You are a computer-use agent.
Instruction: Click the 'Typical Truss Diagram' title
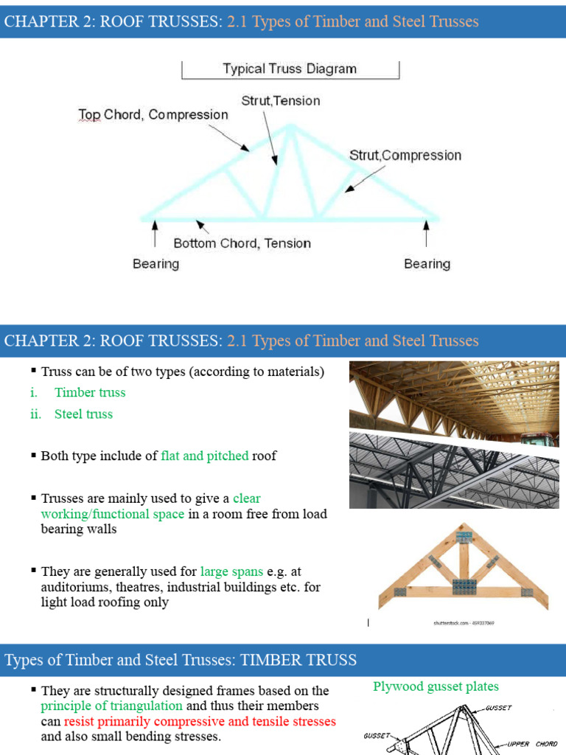(x=290, y=69)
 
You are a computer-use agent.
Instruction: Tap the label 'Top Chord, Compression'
(x=153, y=114)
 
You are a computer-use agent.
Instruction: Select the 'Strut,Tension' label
(x=281, y=100)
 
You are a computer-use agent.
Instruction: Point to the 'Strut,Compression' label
(x=405, y=155)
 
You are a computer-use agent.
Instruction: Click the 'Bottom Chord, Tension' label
(x=242, y=243)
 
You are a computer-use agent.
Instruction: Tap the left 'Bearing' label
(x=156, y=263)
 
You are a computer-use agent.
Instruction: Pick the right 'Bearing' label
(x=427, y=263)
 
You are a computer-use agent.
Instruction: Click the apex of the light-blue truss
(x=292, y=126)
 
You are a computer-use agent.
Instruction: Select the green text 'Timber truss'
(x=90, y=392)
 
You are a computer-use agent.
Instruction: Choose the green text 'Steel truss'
(x=83, y=414)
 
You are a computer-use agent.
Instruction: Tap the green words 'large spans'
(x=227, y=571)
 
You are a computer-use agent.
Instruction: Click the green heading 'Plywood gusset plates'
(x=436, y=686)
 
